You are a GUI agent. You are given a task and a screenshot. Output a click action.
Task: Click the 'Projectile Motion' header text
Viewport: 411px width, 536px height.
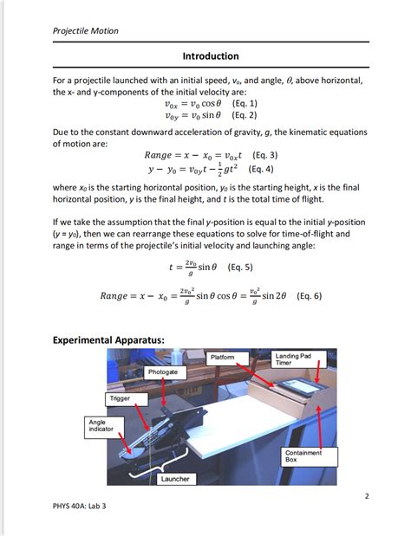pyautogui.click(x=85, y=31)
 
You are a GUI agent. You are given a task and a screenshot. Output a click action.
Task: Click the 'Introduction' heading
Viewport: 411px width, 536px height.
pyautogui.click(x=210, y=56)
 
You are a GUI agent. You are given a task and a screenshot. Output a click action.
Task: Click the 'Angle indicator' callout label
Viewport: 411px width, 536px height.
pyautogui.click(x=100, y=425)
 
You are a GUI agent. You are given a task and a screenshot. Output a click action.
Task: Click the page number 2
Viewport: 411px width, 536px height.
pyautogui.click(x=366, y=496)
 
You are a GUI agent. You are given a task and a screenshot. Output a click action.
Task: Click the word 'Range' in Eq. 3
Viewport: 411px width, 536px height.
pyautogui.click(x=160, y=156)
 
